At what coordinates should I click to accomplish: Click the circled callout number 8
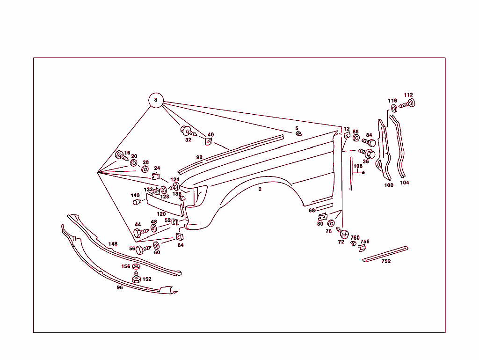coord(156,100)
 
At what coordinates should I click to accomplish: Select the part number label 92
coord(199,157)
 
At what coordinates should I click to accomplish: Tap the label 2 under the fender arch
coord(260,189)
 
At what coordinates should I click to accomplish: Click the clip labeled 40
coord(208,140)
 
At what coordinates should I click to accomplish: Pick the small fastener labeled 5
coord(298,134)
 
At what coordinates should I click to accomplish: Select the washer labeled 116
coord(393,109)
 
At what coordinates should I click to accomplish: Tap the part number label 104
coord(404,183)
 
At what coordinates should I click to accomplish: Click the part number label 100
coord(389,185)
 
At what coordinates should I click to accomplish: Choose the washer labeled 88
coord(356,139)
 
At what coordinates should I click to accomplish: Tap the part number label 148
coord(113,243)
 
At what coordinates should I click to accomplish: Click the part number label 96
coord(120,287)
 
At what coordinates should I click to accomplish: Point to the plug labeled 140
coord(137,202)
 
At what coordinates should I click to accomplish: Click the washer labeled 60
coord(156,245)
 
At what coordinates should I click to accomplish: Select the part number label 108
coord(358,166)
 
